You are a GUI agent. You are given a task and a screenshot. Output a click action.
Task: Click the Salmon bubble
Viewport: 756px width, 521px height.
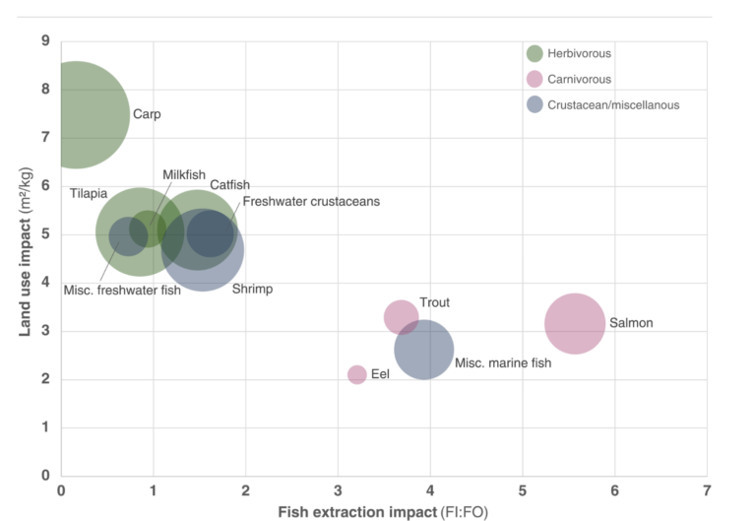click(x=575, y=323)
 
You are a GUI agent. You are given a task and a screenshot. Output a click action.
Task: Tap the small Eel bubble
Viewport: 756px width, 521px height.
click(x=357, y=374)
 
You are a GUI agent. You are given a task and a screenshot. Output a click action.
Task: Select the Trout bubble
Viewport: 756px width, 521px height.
click(x=401, y=316)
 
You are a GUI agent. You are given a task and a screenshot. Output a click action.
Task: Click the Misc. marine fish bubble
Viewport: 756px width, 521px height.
click(x=423, y=350)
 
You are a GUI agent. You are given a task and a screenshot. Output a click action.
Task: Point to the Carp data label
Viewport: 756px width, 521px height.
click(x=147, y=114)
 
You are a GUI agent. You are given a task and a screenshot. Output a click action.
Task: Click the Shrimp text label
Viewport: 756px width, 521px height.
click(x=252, y=289)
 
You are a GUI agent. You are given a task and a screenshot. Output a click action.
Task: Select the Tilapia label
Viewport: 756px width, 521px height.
click(x=89, y=193)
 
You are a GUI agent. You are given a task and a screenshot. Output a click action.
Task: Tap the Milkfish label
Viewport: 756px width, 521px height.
click(x=184, y=174)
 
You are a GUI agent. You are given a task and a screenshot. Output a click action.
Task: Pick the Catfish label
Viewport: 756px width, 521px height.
click(x=229, y=184)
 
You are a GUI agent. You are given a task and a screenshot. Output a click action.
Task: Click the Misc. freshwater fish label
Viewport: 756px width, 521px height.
click(x=122, y=291)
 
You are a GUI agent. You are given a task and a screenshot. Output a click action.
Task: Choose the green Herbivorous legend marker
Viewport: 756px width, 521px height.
click(x=535, y=53)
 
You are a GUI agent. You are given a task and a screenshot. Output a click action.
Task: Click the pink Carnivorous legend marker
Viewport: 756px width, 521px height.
click(x=535, y=79)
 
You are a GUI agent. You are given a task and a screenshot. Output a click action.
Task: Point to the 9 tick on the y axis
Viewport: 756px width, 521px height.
click(x=45, y=40)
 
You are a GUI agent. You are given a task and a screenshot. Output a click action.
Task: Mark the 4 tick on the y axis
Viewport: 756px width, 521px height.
click(x=45, y=283)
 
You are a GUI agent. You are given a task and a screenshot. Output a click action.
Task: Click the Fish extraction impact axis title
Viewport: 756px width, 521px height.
click(x=382, y=511)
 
